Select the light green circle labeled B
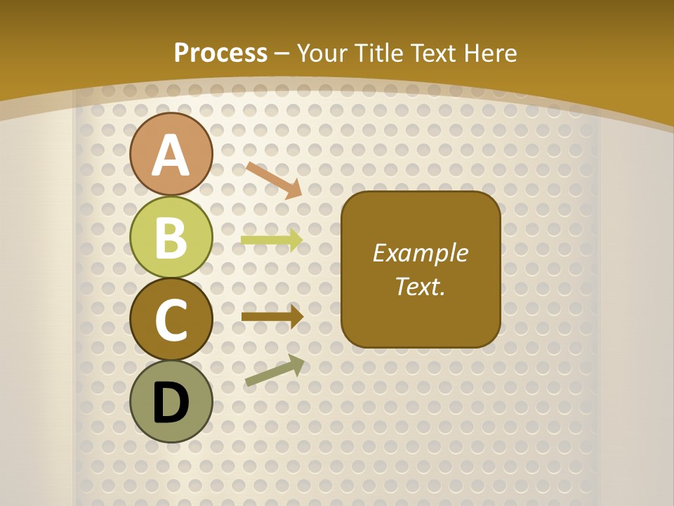point(171,237)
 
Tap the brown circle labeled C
point(171,319)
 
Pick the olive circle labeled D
point(171,401)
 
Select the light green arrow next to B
point(271,240)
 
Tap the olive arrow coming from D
point(275,371)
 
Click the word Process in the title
point(220,53)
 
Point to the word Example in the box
point(420,253)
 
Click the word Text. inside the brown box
point(420,287)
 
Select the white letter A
point(171,155)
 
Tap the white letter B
point(171,238)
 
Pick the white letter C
point(171,320)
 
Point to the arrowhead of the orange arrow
point(294,189)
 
